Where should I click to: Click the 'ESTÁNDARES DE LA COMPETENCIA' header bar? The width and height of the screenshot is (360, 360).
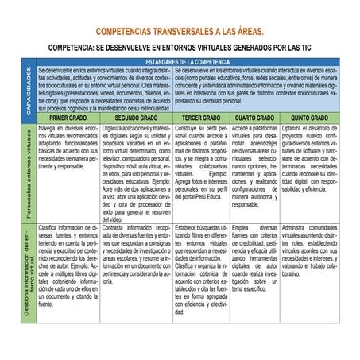[188, 61]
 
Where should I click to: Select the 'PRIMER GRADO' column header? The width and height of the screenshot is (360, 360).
[68, 116]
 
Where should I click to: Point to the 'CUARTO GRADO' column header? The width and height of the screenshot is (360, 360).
[254, 116]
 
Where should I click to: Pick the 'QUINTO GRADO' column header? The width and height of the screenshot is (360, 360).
[312, 116]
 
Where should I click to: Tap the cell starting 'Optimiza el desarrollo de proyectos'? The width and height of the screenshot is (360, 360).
[312, 158]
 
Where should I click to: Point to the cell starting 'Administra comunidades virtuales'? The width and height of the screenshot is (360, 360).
[312, 250]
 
